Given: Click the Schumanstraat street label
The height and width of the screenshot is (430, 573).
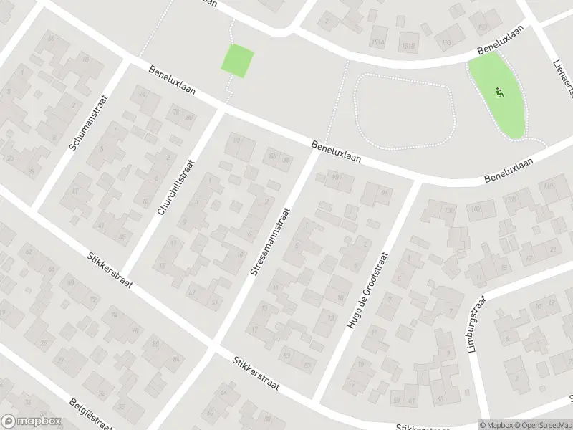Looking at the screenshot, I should pyautogui.click(x=88, y=123).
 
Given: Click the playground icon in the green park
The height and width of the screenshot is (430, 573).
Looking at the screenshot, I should pyautogui.click(x=499, y=91).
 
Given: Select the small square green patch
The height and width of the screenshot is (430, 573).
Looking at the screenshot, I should pyautogui.click(x=238, y=60).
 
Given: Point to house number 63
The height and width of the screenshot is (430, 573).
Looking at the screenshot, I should pyautogui.click(x=30, y=252).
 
